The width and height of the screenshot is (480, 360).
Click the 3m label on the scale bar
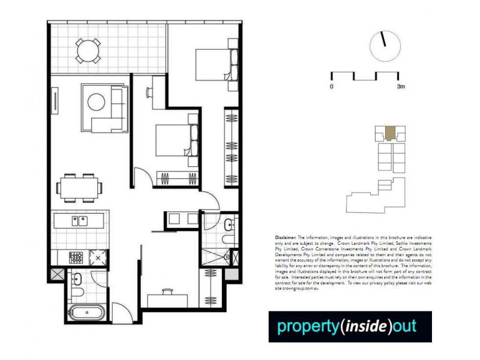(x=401, y=86)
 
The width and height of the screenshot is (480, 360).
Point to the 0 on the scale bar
(x=331, y=86)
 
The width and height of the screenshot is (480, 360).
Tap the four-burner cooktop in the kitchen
(x=76, y=257)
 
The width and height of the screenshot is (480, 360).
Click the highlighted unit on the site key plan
(x=390, y=132)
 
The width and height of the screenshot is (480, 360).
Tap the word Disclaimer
(x=282, y=238)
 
